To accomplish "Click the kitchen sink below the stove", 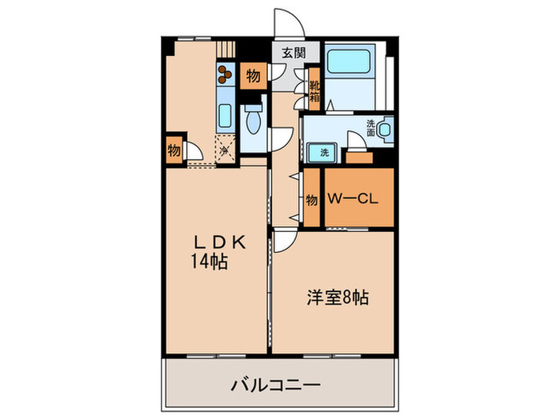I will (x=224, y=117).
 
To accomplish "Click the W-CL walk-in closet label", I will (x=358, y=197).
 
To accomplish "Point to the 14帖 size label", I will (x=208, y=261).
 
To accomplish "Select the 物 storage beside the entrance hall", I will (x=252, y=78).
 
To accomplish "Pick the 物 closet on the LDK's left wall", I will (x=173, y=150).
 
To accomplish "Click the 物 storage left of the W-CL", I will (x=311, y=199).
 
